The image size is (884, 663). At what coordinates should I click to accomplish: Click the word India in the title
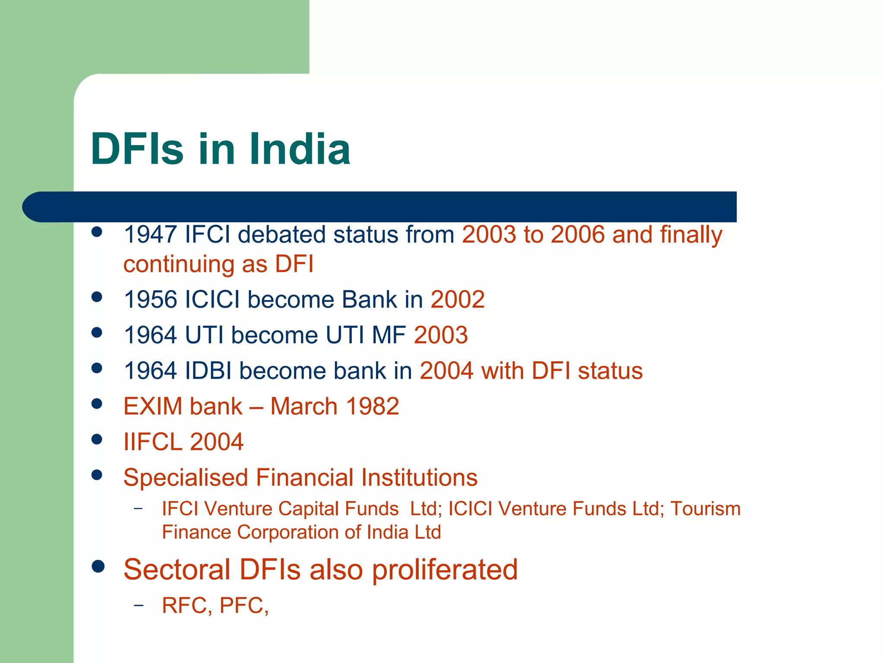tap(300, 149)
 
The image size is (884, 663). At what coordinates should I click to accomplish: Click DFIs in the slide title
tap(137, 149)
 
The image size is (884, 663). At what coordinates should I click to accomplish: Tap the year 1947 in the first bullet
tap(150, 235)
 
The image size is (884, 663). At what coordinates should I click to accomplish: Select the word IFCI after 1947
tap(207, 235)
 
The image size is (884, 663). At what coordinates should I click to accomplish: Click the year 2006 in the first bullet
tap(578, 235)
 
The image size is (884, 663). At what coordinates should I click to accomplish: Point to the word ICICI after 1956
tap(212, 300)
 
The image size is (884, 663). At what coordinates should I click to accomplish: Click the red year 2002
tap(458, 300)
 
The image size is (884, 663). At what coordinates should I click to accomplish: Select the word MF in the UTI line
tap(388, 335)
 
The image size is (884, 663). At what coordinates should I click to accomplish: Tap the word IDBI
tap(208, 371)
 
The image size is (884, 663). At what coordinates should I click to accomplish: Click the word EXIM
tap(153, 407)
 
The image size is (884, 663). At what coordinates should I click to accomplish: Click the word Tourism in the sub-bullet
tap(705, 508)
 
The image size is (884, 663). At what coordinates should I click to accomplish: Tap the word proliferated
tap(445, 570)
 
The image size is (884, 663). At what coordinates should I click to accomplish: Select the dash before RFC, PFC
tap(138, 606)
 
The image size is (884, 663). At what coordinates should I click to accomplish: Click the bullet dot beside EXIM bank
tap(97, 404)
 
